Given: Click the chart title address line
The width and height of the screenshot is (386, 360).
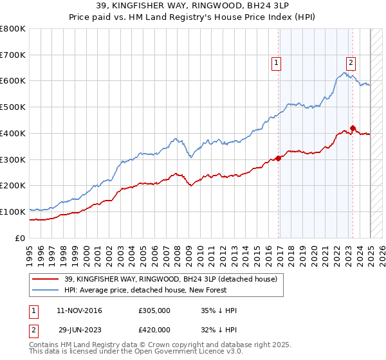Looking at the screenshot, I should tap(193, 6).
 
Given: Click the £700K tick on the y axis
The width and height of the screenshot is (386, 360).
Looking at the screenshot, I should tap(13, 55).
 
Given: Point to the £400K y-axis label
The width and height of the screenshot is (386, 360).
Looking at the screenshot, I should tap(13, 133).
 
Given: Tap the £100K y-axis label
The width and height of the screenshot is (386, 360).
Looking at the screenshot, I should tap(13, 212).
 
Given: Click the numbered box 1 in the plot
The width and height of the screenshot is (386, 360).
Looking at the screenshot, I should tap(276, 63).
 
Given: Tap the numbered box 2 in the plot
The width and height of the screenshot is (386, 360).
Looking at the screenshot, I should tap(351, 63).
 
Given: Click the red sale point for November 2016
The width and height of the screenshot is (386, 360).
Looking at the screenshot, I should tap(279, 158).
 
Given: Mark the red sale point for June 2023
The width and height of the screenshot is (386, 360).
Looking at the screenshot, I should tap(353, 128).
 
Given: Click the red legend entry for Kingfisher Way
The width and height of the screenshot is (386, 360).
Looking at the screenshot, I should tap(170, 279).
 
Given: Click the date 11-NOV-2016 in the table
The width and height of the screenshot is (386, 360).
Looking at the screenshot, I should tap(79, 310).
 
